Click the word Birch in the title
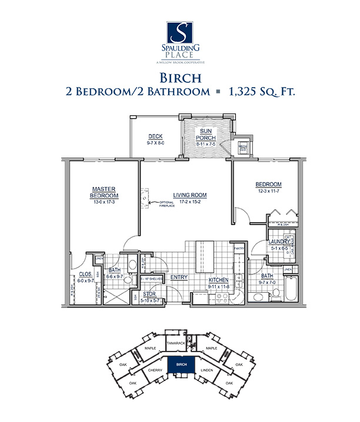pos(180,78)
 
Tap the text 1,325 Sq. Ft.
pos(260,92)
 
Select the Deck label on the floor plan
pos(155,136)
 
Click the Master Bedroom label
pos(104,192)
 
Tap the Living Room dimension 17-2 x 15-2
pos(188,202)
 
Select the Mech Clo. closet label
pos(242,148)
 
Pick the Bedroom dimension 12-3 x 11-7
pos(268,191)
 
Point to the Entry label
pos(179,277)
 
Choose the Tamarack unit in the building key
pos(176,342)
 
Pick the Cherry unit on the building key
pos(155,370)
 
